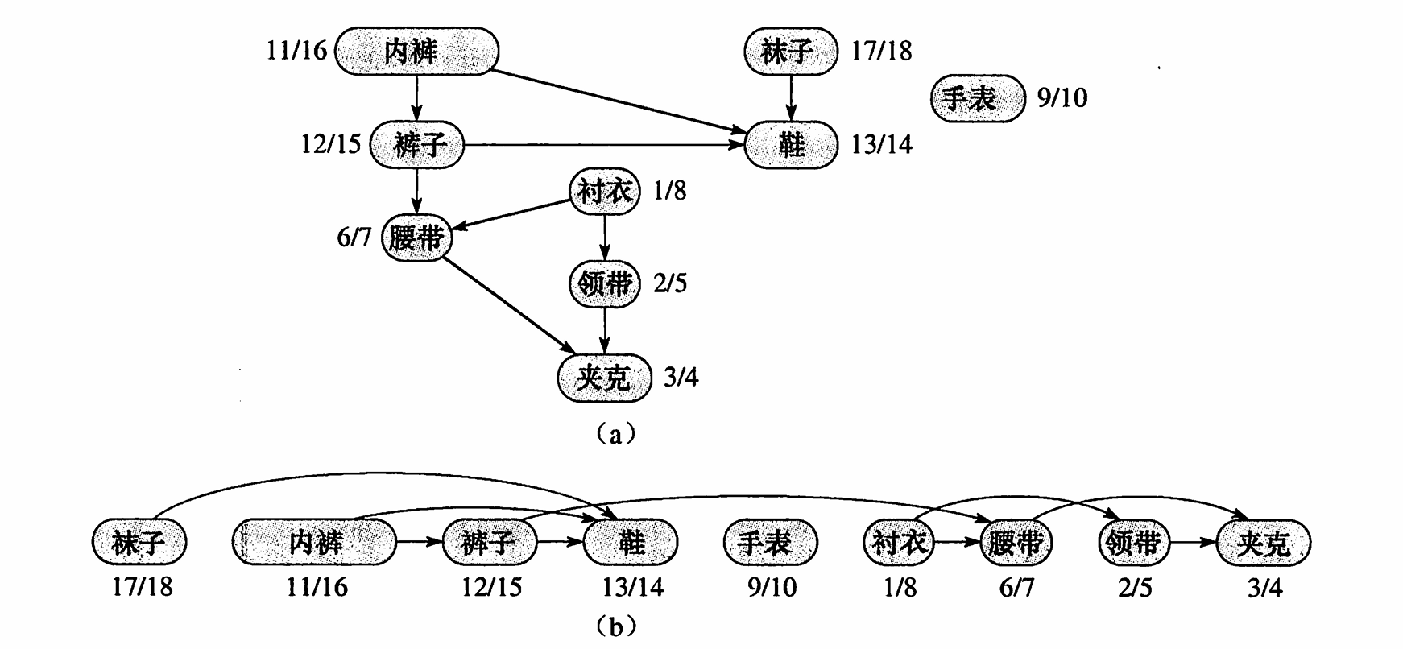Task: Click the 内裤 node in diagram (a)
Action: click(416, 52)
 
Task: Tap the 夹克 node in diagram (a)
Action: click(604, 377)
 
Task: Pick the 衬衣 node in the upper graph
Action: click(604, 192)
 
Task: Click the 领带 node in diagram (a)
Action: click(604, 283)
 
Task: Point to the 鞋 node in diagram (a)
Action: click(791, 145)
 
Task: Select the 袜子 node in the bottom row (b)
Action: click(139, 542)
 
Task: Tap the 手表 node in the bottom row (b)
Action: click(769, 542)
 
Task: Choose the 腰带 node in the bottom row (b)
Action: click(1015, 542)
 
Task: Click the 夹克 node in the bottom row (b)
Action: click(1263, 542)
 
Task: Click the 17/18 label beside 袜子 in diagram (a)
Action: click(882, 52)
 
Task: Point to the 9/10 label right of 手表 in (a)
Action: click(1062, 98)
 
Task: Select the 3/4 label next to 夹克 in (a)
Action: click(681, 377)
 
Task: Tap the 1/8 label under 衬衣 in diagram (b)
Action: click(900, 587)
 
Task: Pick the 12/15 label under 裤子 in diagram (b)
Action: click(490, 587)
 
